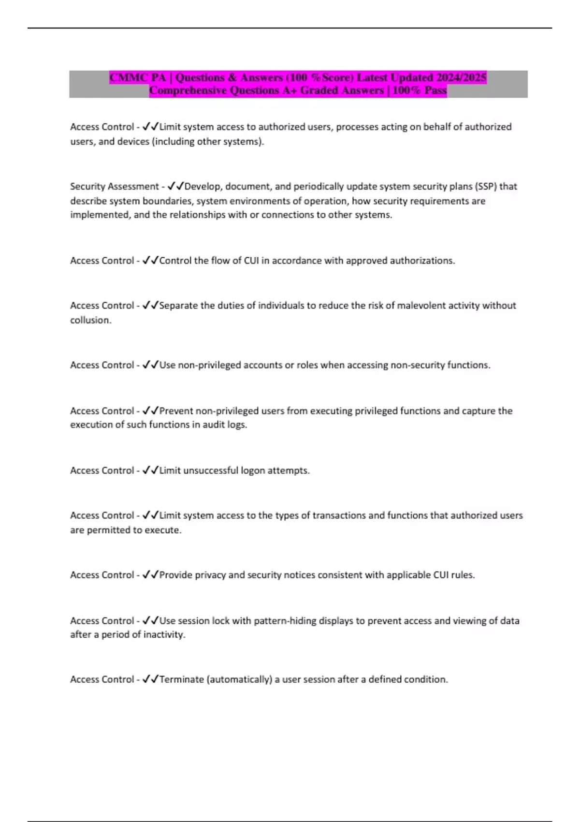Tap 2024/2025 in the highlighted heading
point(461,77)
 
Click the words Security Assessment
point(114,186)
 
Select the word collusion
point(90,320)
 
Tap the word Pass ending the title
point(435,90)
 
